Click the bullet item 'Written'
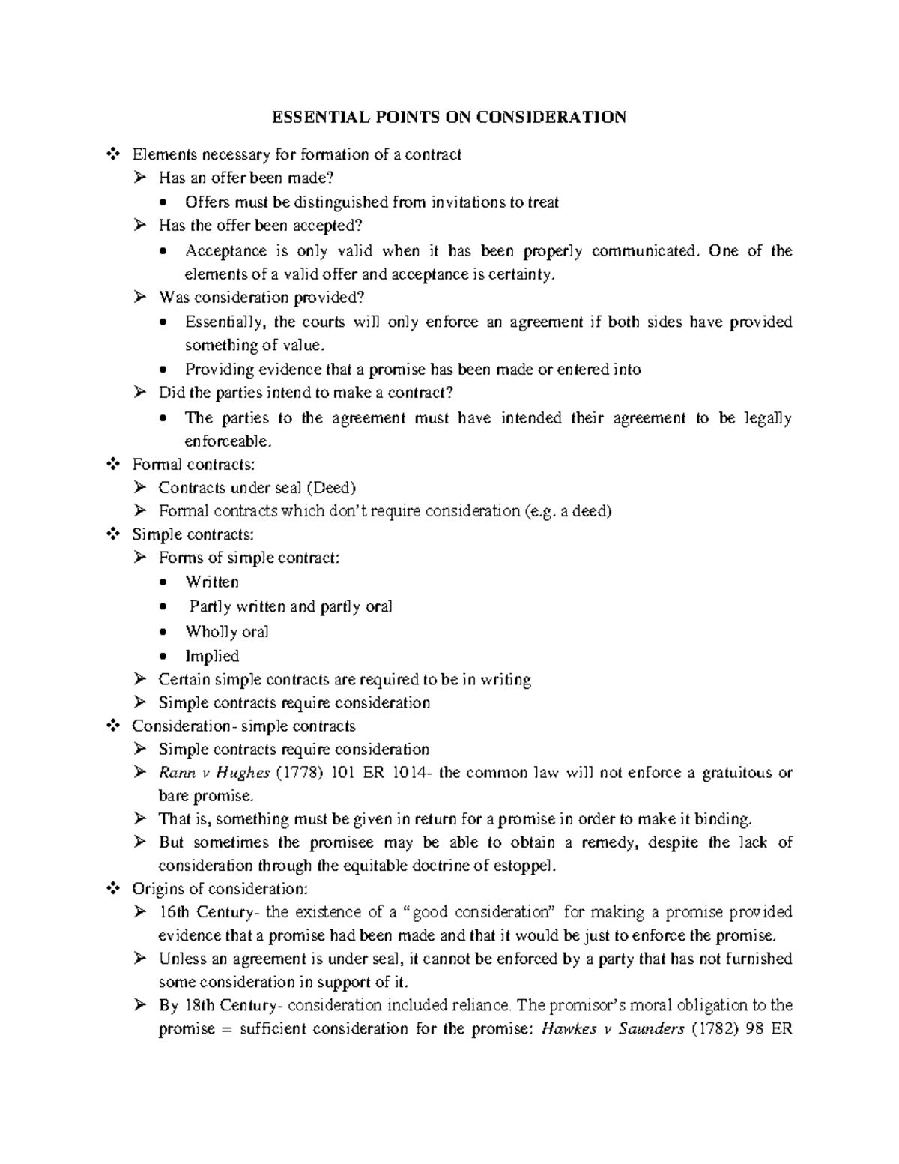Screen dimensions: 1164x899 tap(212, 582)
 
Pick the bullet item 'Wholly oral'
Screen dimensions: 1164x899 tap(227, 632)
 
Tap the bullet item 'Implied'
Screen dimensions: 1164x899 tap(212, 656)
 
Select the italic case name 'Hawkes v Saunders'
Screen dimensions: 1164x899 tap(611, 1029)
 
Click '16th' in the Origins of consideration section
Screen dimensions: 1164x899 tap(175, 912)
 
